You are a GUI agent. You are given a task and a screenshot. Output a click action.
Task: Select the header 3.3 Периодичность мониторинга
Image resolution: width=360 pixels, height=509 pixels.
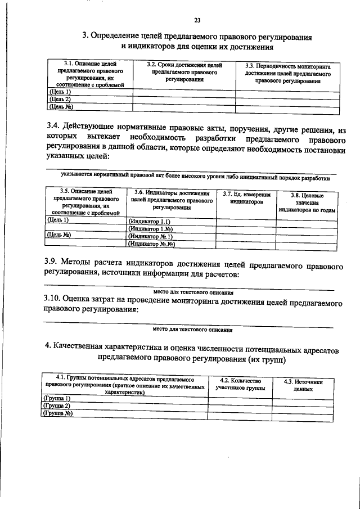click(x=288, y=74)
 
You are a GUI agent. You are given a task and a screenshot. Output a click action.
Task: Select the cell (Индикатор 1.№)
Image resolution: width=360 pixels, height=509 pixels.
click(x=150, y=229)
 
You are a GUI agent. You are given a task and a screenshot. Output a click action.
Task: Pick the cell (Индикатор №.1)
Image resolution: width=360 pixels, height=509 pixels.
click(x=150, y=237)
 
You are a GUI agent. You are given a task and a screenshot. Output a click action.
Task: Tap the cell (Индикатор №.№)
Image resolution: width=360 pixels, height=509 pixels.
click(x=152, y=245)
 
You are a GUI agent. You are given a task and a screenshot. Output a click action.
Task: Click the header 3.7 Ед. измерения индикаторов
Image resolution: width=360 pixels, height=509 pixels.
click(x=246, y=198)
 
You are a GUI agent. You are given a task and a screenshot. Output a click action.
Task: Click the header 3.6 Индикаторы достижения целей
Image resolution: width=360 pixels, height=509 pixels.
click(x=172, y=200)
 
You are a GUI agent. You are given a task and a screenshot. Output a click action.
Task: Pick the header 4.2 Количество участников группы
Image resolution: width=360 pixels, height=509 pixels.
click(x=241, y=384)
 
